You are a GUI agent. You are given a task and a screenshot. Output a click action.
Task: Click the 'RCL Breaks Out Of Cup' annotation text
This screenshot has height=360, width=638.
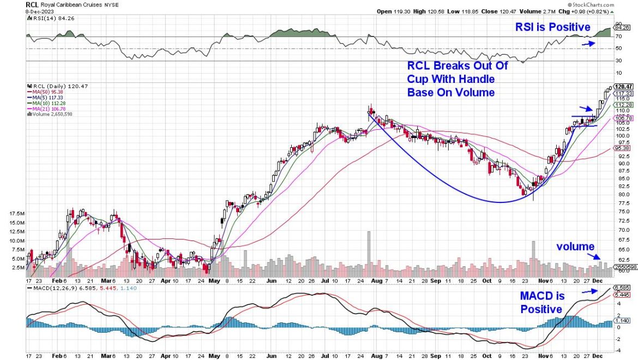tap(458, 66)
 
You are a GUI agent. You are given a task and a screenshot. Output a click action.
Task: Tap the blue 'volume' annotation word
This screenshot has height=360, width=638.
tap(575, 247)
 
